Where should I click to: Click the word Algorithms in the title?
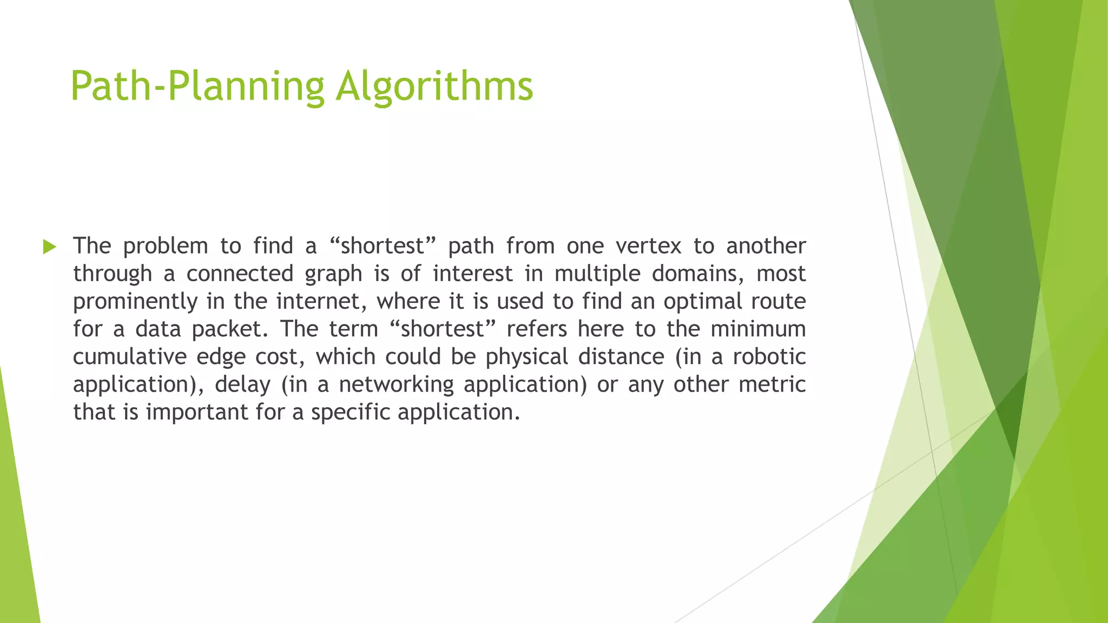point(434,87)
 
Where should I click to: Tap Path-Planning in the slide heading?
point(197,87)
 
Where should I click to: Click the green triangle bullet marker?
point(49,247)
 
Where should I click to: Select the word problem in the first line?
point(165,247)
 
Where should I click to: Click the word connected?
point(240,274)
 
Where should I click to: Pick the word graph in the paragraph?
point(333,274)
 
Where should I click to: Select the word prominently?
point(135,302)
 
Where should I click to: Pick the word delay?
point(242,385)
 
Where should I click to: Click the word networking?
point(397,385)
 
